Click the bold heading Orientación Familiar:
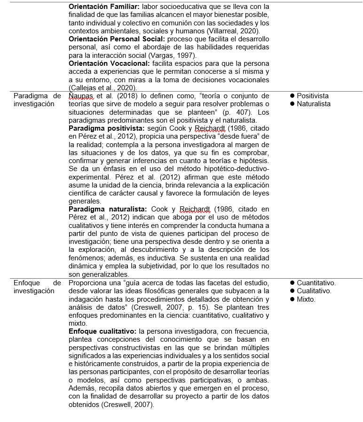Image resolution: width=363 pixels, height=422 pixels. pyautogui.click(x=103, y=7)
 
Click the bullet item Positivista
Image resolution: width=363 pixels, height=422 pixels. pyautogui.click(x=313, y=96)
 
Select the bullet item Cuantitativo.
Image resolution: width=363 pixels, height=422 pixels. pyautogui.click(x=316, y=283)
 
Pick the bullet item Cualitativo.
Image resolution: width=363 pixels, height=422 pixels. pyautogui.click(x=314, y=291)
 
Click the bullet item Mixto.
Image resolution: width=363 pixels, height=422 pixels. pyautogui.click(x=306, y=299)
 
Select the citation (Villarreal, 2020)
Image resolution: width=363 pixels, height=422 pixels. pyautogui.click(x=230, y=31)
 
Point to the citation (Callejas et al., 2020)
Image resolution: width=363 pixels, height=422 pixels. pyautogui.click(x=103, y=87)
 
